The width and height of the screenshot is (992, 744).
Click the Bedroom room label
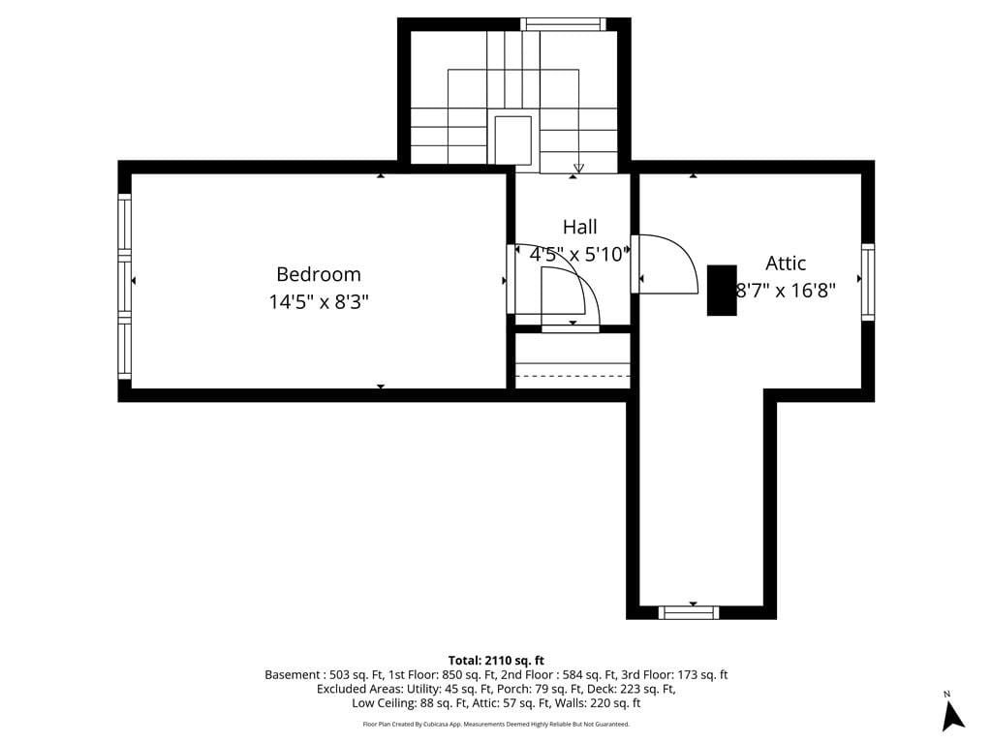pos(318,274)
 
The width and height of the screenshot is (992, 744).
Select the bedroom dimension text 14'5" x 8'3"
pos(318,302)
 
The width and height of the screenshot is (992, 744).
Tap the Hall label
pos(579,228)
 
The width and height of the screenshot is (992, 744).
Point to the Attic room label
pos(786,263)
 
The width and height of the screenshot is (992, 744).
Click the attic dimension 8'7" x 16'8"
pos(786,289)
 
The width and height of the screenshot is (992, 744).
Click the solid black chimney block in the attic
pos(722,290)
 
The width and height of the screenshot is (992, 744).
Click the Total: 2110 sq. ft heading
pos(496,660)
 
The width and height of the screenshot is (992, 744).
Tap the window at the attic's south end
pos(689,612)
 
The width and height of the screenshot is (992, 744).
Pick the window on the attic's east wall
pos(868,282)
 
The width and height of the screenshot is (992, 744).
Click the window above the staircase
pos(563,24)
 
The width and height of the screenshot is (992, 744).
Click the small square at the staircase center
pos(513,140)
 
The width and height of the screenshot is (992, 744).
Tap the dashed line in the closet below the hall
pos(573,376)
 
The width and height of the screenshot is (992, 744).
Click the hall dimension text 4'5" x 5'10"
pos(579,255)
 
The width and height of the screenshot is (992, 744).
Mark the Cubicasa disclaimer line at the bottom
pos(496,724)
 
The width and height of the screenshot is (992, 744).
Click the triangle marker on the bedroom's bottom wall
pos(381,387)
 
